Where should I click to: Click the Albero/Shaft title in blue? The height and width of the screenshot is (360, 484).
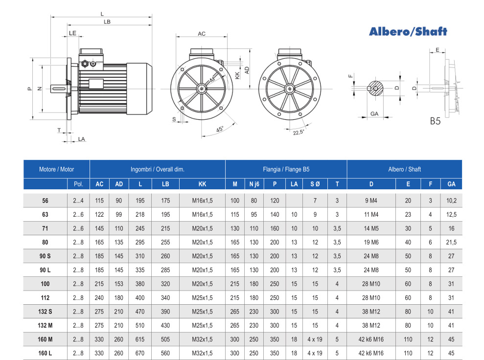click(408, 31)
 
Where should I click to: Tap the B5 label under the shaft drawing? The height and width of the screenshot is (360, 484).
click(435, 121)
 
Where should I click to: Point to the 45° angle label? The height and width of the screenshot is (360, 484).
click(220, 129)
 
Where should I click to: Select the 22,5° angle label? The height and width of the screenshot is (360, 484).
click(299, 133)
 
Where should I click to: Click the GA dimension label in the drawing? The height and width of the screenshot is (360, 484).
click(374, 113)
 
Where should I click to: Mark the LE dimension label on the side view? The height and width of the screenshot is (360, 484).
click(72, 33)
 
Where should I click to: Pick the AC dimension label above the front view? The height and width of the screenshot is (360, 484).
click(202, 34)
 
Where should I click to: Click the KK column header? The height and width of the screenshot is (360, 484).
click(202, 184)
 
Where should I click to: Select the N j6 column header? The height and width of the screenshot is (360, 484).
click(254, 184)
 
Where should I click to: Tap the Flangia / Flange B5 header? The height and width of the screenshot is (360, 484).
click(286, 169)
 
